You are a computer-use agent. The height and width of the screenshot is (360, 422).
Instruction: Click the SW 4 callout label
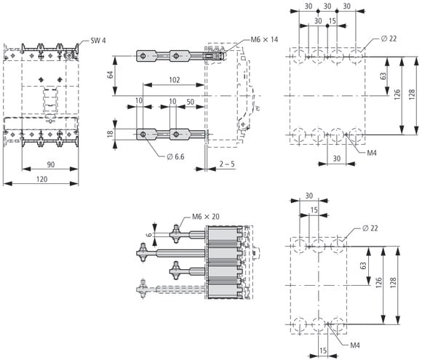click(x=98, y=41)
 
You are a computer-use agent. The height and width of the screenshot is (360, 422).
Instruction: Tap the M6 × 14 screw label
click(x=264, y=39)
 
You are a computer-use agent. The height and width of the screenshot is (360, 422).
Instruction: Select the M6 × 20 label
click(x=206, y=217)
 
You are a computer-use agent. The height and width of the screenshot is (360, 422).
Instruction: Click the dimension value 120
click(x=42, y=179)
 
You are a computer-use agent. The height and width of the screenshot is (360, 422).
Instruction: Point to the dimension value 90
click(x=51, y=164)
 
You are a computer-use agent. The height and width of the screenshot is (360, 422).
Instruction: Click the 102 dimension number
click(x=175, y=80)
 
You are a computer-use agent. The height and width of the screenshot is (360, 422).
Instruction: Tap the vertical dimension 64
click(x=111, y=75)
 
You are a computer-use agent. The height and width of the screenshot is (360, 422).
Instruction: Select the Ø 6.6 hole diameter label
click(x=175, y=156)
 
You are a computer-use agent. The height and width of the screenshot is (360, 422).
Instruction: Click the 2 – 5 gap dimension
click(x=227, y=164)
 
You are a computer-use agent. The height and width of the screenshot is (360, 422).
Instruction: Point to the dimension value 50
click(x=191, y=102)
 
